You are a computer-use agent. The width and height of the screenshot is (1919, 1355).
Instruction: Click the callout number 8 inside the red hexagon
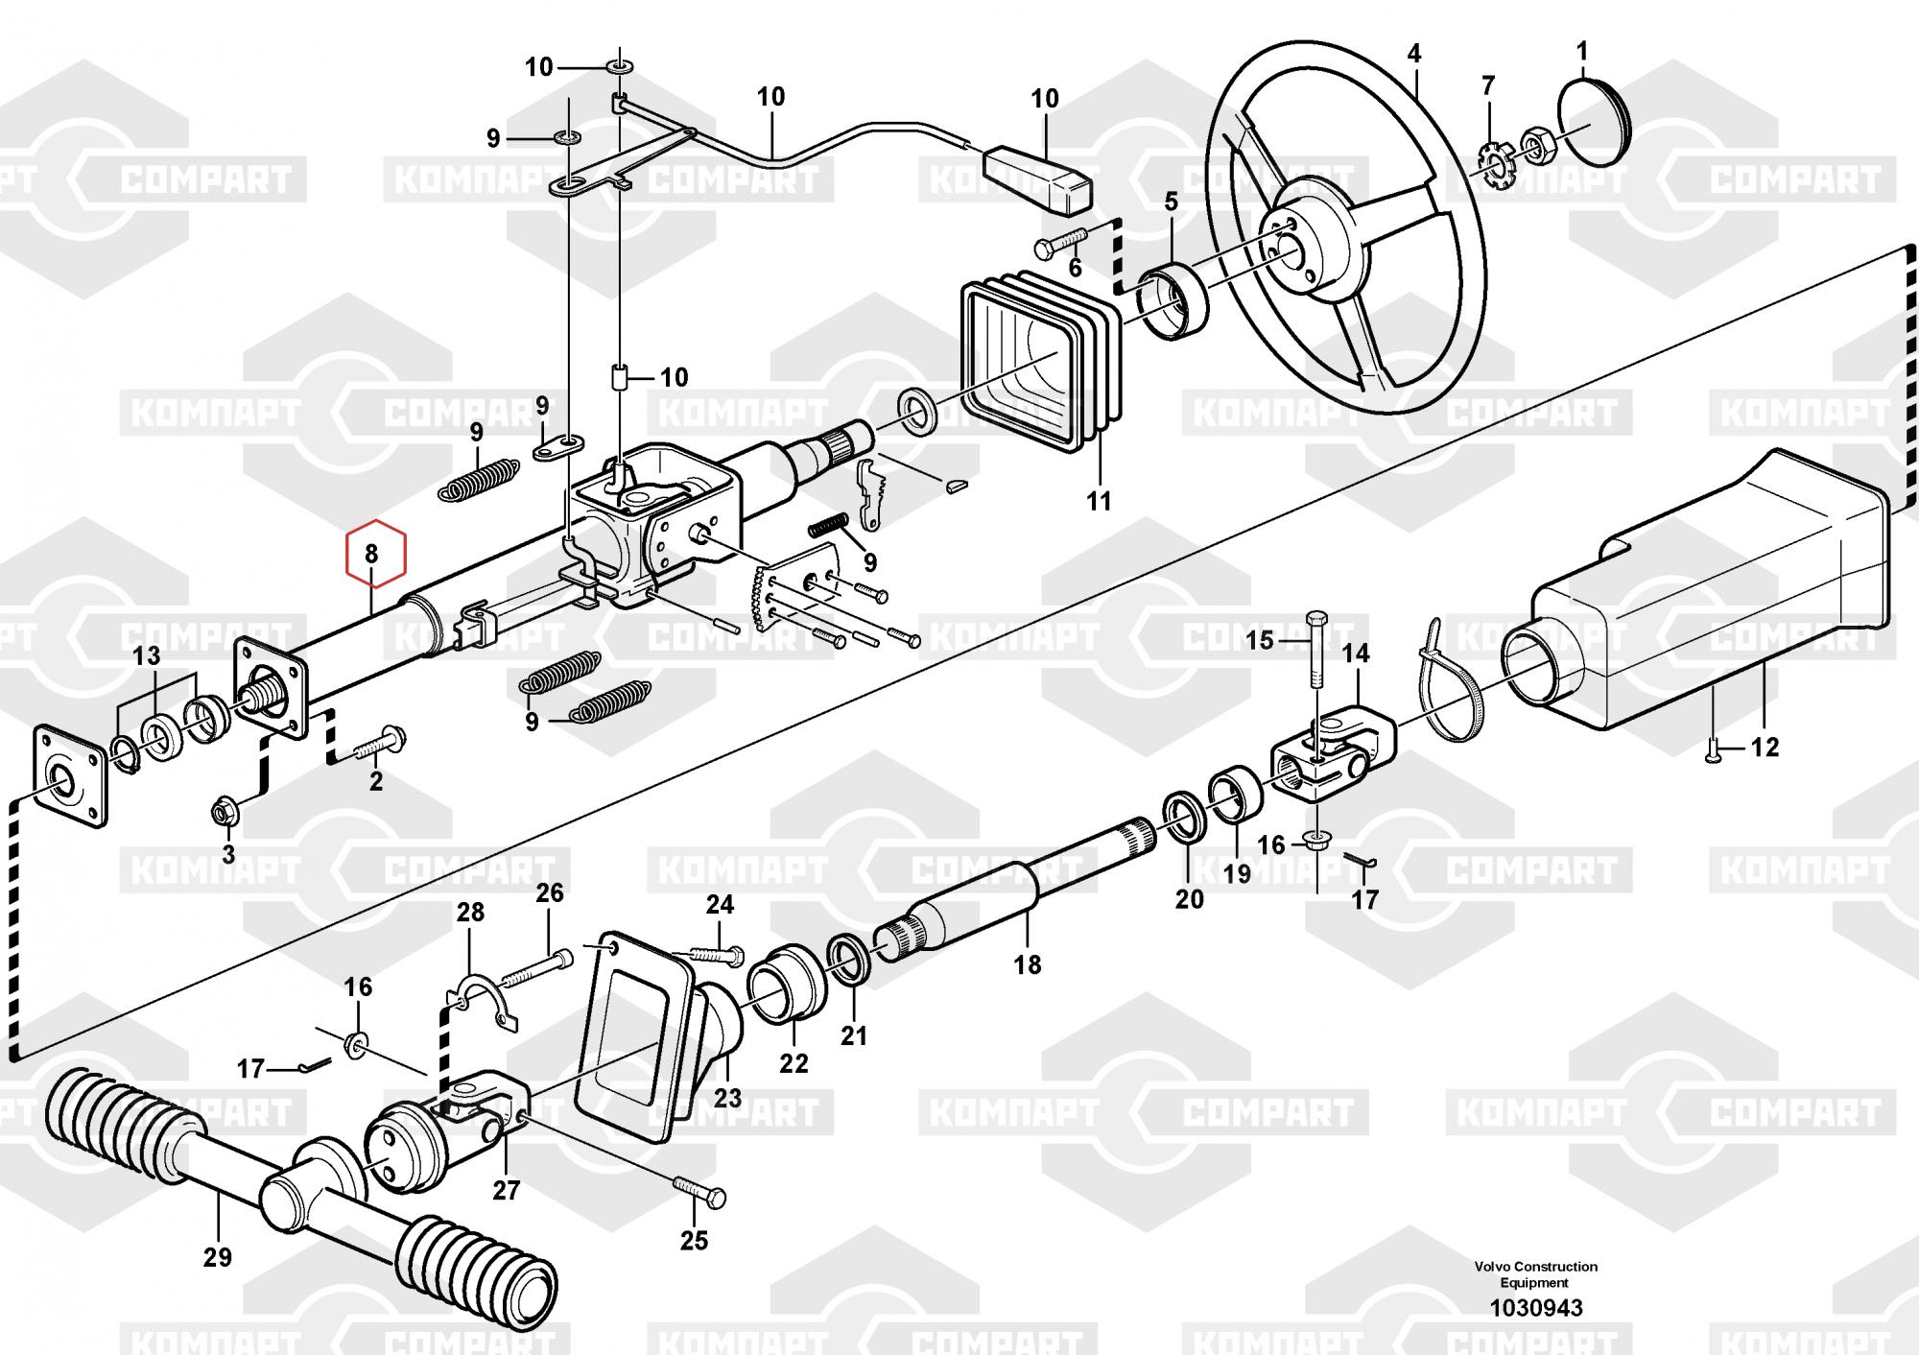click(x=371, y=554)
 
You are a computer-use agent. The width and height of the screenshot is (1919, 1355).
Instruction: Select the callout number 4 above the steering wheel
click(x=1413, y=54)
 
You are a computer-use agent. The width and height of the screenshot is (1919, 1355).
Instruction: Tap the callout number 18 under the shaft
click(x=1027, y=963)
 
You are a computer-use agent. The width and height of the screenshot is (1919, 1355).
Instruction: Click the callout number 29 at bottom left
click(x=218, y=1256)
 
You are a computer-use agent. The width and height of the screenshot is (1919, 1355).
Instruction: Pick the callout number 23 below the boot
click(x=727, y=1096)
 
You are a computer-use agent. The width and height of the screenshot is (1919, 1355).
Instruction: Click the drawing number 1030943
click(x=1535, y=1307)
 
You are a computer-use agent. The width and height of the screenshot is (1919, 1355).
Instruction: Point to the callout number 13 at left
click(x=146, y=656)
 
